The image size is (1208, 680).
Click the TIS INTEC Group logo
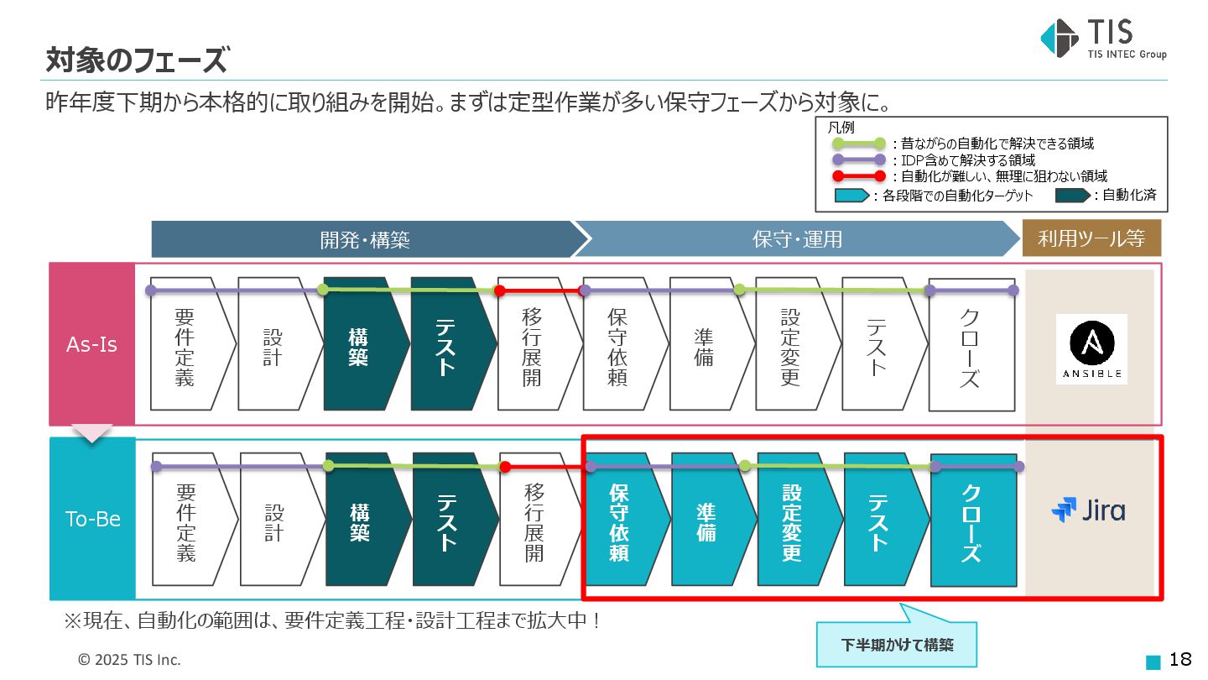(1101, 39)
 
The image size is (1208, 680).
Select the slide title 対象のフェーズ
(136, 60)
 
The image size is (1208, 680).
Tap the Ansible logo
(1091, 348)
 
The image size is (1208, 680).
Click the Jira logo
(1089, 510)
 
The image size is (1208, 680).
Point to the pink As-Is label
(92, 345)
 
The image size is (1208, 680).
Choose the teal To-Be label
(92, 519)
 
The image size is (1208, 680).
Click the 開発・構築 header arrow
(365, 239)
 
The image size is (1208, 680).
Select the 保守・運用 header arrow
(797, 239)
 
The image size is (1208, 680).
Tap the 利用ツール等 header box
(1091, 239)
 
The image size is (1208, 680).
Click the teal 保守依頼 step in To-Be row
(621, 522)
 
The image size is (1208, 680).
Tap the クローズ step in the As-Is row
(970, 348)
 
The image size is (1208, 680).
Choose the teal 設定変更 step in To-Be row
(793, 522)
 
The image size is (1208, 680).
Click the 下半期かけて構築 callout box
(897, 645)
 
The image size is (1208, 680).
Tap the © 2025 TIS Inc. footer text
(129, 660)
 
